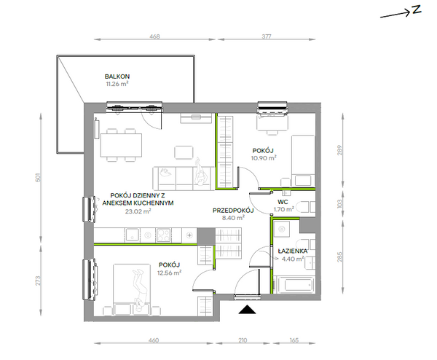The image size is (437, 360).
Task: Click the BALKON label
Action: pos(117,77)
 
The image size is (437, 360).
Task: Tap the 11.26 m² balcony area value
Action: pos(117,84)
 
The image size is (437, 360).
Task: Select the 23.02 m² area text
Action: pos(138,211)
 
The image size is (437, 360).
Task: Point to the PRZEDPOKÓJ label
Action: pos(233,211)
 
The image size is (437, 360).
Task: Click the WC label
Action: pos(283,202)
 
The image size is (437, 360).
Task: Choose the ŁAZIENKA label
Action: pos(293,251)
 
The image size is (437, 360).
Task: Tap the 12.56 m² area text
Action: pos(170,273)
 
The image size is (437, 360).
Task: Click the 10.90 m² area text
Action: pos(264,158)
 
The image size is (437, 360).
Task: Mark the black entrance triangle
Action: pos(247,310)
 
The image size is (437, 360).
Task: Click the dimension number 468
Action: pos(154,36)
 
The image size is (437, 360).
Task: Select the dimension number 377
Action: pos(267,36)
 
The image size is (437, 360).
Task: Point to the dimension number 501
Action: pos(38,177)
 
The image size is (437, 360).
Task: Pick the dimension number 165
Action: pos(294,340)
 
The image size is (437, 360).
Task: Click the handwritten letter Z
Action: pos(417,9)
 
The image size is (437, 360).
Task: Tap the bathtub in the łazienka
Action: pos(294,285)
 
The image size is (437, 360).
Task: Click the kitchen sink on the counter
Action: pos(133,235)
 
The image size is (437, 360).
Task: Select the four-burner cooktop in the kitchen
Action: pos(163,235)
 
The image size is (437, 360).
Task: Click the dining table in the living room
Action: pos(121,145)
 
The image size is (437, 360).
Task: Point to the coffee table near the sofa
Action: pos(184,152)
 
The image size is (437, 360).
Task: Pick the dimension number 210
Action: pos(243,340)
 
